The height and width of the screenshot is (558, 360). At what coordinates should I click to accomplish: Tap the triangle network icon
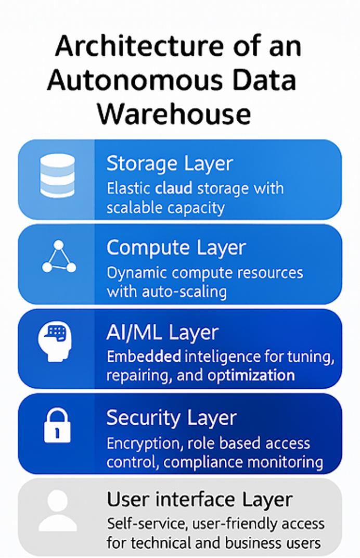pyautogui.click(x=59, y=258)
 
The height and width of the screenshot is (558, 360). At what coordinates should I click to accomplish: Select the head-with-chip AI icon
pyautogui.click(x=55, y=340)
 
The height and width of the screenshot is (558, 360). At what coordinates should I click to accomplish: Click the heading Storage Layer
pyautogui.click(x=170, y=163)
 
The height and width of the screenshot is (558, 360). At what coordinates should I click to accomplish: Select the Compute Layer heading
pyautogui.click(x=176, y=248)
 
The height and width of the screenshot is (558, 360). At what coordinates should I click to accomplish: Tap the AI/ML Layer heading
pyautogui.click(x=162, y=333)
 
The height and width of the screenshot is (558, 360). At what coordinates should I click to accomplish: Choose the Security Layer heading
pyautogui.click(x=171, y=417)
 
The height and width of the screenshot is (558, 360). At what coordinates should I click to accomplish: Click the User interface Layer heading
pyautogui.click(x=200, y=499)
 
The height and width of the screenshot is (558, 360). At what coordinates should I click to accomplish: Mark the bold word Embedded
pyautogui.click(x=144, y=357)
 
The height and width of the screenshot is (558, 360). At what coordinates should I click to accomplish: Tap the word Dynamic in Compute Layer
pyautogui.click(x=137, y=273)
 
